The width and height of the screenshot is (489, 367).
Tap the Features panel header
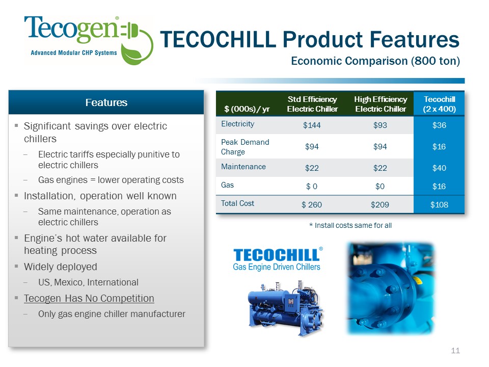pos(106,102)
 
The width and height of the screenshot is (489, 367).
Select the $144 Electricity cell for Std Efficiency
pos(312,125)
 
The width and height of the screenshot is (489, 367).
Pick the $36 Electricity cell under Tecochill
pos(439,125)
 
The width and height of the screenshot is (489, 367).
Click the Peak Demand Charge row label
pos(245,147)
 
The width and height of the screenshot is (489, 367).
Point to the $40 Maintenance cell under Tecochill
pos(439,168)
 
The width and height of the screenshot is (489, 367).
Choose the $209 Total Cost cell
pos(380,205)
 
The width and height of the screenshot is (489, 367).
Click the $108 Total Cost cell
pos(439,205)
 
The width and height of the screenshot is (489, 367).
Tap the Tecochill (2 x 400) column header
pos(439,104)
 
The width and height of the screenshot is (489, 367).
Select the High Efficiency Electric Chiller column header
pos(381,104)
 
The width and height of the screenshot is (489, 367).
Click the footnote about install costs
pos(350,225)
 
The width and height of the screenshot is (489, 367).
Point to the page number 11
pos(455,351)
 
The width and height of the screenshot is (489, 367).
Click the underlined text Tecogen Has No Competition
pos(89,298)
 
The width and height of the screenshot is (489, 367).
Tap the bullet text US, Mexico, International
pos(88,282)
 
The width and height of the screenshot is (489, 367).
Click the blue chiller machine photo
pos(285,308)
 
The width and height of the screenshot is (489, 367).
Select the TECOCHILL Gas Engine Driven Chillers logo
pos(277,259)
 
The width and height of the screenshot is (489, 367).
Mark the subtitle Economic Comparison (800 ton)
pos(375,61)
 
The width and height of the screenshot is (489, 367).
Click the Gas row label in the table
pos(227,185)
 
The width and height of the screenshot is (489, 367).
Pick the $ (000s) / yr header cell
pos(247,109)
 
